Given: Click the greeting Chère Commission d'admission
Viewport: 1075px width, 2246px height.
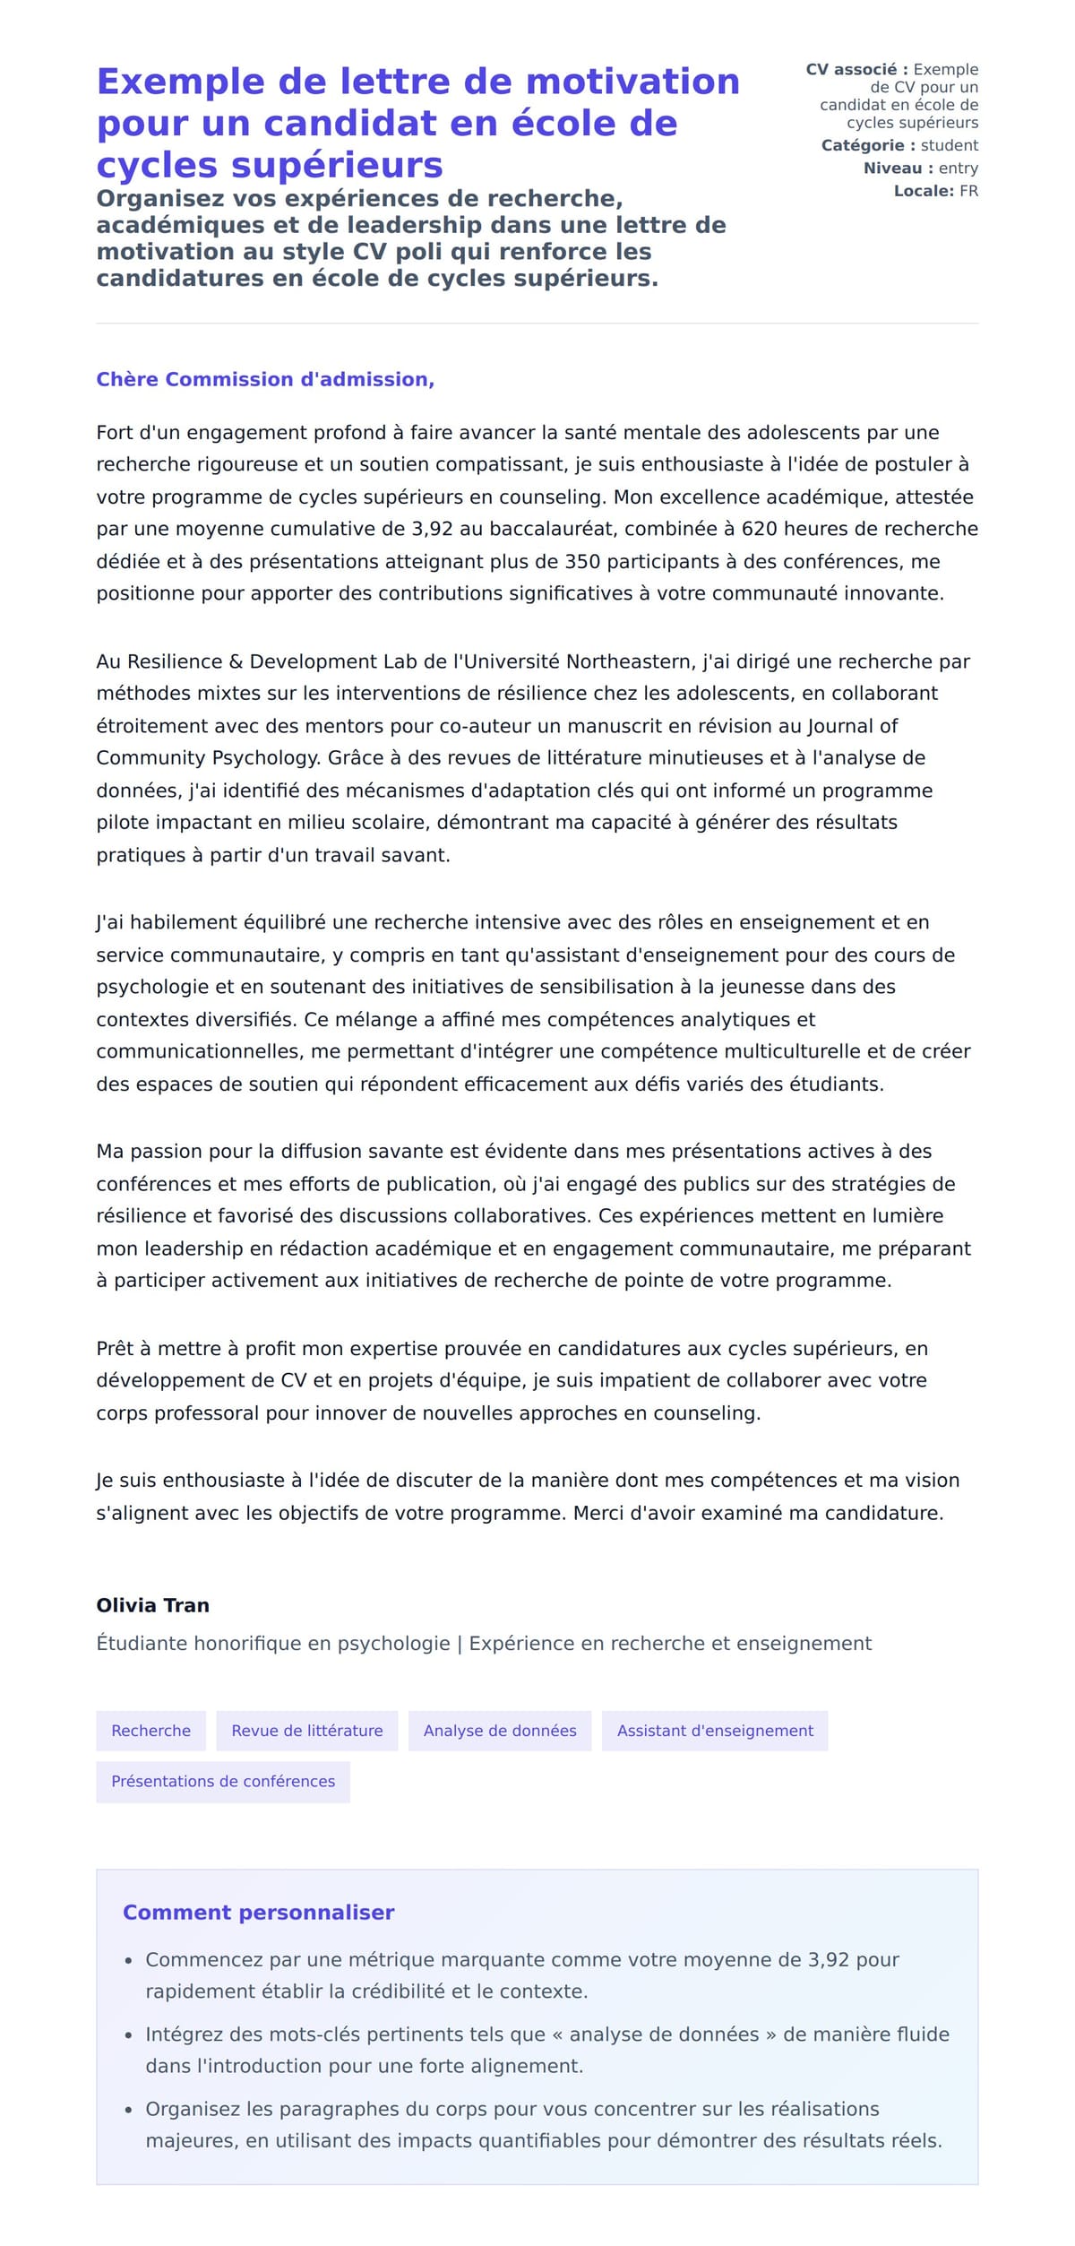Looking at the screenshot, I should click(265, 379).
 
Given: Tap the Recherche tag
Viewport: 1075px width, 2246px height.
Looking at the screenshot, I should click(150, 1731).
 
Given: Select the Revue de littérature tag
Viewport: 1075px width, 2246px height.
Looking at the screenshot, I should click(307, 1731).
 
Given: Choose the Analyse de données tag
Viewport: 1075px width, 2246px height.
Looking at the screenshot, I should click(500, 1731).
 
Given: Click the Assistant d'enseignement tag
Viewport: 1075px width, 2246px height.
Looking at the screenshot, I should click(715, 1731).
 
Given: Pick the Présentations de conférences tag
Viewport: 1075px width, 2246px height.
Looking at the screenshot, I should click(223, 1781).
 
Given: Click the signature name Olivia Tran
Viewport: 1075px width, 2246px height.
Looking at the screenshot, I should click(152, 1605).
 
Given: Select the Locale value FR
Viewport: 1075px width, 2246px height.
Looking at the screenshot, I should click(968, 191).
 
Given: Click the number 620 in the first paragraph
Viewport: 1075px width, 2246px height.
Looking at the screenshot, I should click(758, 529).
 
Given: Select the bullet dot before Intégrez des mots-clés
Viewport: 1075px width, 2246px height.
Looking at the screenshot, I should click(128, 2035).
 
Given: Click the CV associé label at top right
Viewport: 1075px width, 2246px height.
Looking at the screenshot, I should click(856, 69).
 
